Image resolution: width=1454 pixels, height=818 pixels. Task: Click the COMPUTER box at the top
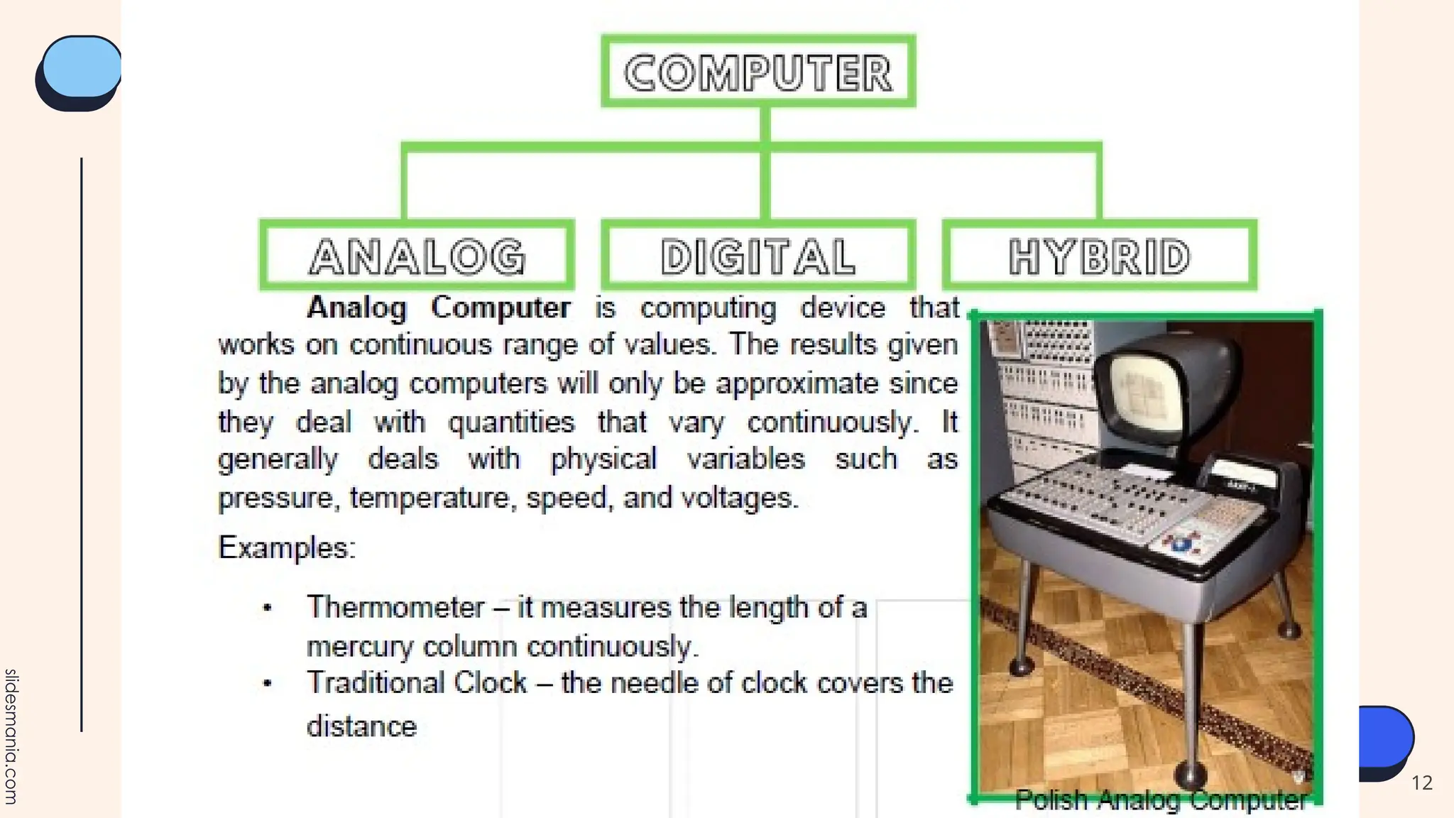pyautogui.click(x=758, y=72)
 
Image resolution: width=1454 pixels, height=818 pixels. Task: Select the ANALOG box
pyautogui.click(x=417, y=256)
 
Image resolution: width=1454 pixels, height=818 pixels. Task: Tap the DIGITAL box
pyautogui.click(x=758, y=256)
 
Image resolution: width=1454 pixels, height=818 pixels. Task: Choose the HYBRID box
pyautogui.click(x=1099, y=256)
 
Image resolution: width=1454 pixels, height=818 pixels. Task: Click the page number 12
pyautogui.click(x=1421, y=782)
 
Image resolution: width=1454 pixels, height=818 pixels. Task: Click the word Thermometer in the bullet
pyautogui.click(x=395, y=608)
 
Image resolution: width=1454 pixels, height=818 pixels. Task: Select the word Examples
pyautogui.click(x=286, y=548)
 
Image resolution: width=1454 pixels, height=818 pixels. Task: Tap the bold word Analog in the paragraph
pyautogui.click(x=356, y=308)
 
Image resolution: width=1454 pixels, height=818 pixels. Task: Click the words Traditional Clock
pyautogui.click(x=417, y=683)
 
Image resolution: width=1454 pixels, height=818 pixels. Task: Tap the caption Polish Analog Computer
pyautogui.click(x=1161, y=800)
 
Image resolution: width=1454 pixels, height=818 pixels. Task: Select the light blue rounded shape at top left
pyautogui.click(x=81, y=67)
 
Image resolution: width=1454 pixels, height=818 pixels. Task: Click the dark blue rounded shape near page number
pyautogui.click(x=1384, y=738)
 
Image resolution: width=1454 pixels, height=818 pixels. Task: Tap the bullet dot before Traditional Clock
pyautogui.click(x=268, y=684)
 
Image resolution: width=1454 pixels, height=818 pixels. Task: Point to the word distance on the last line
pyautogui.click(x=361, y=726)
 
